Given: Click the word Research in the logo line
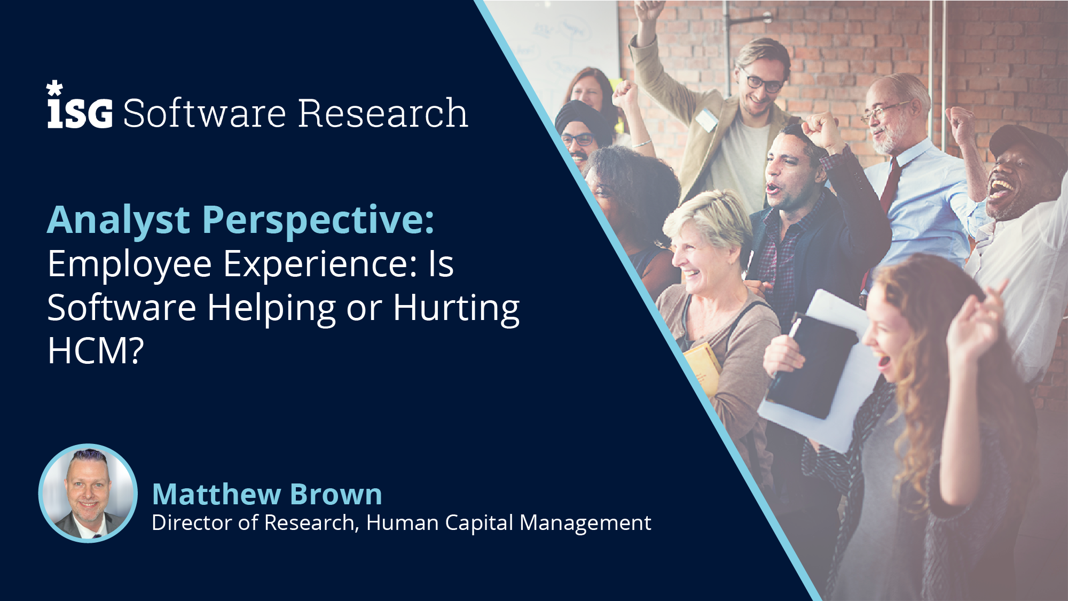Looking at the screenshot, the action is pos(383,113).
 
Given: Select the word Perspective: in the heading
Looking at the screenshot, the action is pos(318,221).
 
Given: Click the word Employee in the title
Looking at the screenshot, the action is pos(130,265).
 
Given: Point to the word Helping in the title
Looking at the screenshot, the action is pos(271,309).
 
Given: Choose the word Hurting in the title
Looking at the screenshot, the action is pos(456,309).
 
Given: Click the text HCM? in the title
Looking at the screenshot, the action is pos(96,351).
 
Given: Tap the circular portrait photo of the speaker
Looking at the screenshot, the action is pos(88,493).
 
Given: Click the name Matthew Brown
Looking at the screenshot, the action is pos(267,494).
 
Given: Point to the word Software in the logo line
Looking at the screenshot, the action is pos(205,113).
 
